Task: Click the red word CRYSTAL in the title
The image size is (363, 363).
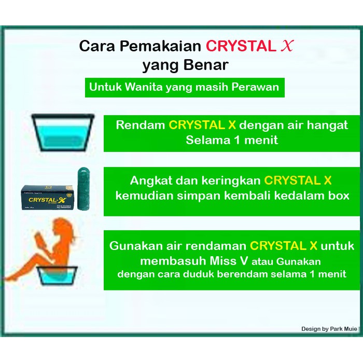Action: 241,46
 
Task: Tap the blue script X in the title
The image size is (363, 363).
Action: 287,46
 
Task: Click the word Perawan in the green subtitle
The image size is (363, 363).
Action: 255,87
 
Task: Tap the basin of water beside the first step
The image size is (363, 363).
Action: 63,132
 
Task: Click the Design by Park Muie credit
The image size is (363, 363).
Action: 329,329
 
